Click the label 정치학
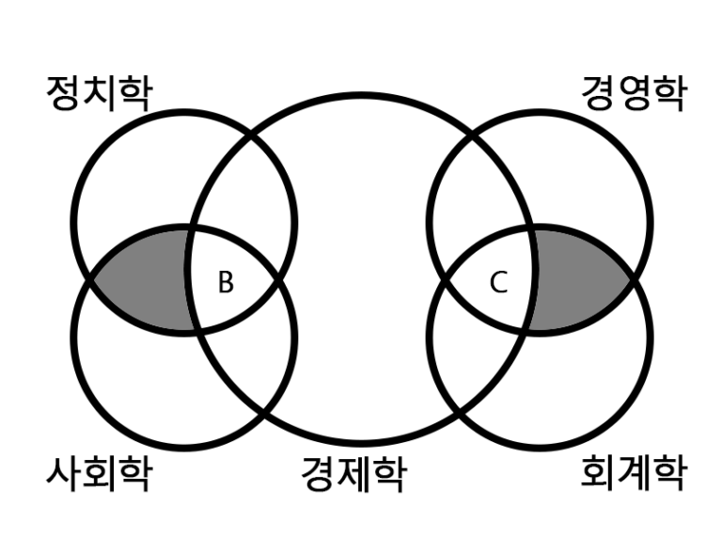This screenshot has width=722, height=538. (x=100, y=93)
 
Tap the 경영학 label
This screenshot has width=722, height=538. (x=635, y=93)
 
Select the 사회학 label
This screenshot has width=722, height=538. (x=100, y=474)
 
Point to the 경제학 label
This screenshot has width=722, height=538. (x=354, y=474)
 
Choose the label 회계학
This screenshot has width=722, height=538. (x=635, y=474)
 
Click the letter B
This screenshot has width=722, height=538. (x=226, y=282)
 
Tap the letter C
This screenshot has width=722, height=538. (x=498, y=282)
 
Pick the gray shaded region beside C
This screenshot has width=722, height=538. (x=575, y=279)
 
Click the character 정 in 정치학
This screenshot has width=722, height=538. (x=64, y=93)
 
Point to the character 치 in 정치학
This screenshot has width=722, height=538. (x=100, y=93)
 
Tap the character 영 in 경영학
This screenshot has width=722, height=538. (x=635, y=93)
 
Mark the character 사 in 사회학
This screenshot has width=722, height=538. (x=64, y=474)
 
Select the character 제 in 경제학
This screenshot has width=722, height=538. (x=354, y=474)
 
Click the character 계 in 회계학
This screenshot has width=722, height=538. (x=635, y=474)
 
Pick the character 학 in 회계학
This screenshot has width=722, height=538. (x=670, y=474)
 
